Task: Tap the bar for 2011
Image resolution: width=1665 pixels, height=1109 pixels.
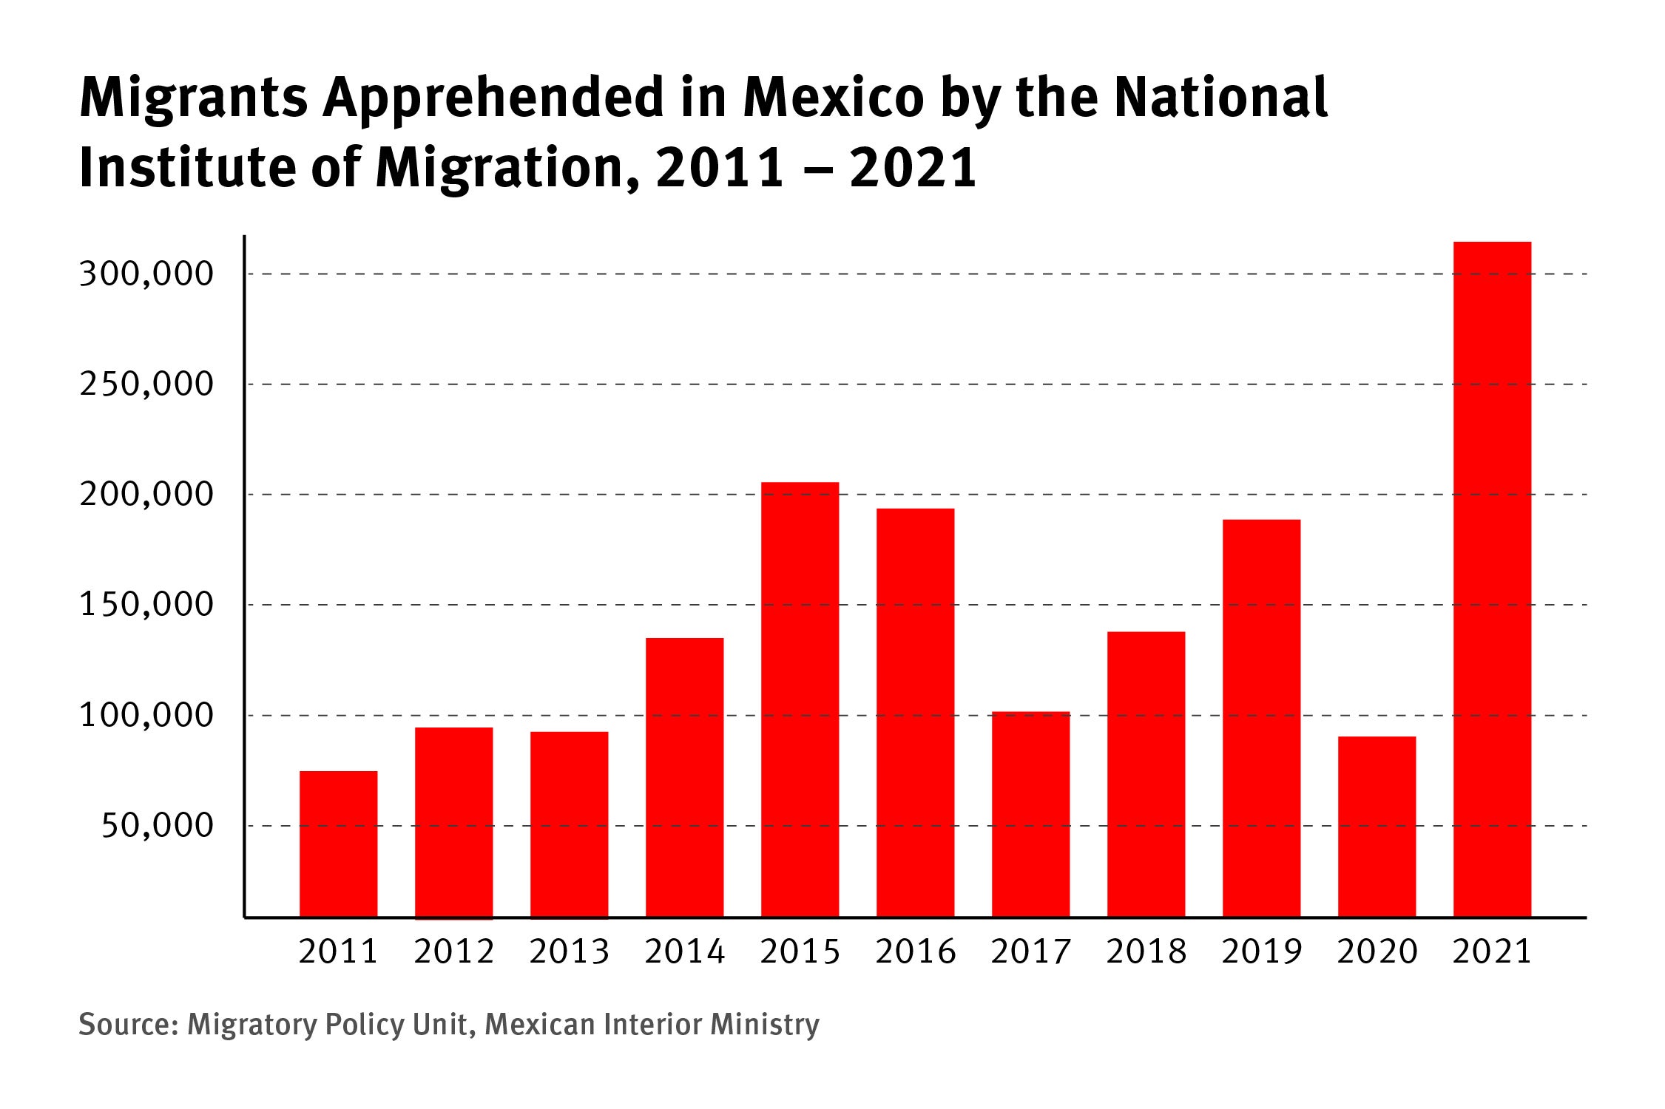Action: [x=338, y=844]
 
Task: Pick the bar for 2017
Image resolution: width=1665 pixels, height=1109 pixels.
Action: [x=1030, y=814]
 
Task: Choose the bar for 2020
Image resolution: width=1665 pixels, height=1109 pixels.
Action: [x=1377, y=827]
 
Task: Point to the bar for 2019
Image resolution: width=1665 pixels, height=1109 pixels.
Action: [x=1261, y=718]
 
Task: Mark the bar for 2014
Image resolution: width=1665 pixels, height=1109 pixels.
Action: [x=684, y=777]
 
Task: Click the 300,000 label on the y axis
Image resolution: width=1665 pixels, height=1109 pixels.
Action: [x=146, y=274]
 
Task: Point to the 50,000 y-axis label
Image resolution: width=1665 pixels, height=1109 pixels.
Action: [x=157, y=825]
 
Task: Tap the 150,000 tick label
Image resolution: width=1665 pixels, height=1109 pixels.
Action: [x=146, y=605]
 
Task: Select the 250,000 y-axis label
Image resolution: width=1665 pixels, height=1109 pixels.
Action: [x=146, y=384]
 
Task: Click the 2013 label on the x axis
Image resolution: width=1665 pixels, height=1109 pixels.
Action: [x=569, y=952]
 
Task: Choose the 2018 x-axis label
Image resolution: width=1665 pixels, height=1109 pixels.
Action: [x=1146, y=952]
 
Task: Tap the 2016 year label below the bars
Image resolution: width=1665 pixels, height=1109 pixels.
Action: [x=915, y=952]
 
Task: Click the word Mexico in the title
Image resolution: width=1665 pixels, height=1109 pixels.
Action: [x=834, y=98]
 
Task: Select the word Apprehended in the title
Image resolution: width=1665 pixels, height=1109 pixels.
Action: [x=493, y=99]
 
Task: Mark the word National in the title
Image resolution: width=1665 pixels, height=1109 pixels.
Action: [x=1221, y=98]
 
